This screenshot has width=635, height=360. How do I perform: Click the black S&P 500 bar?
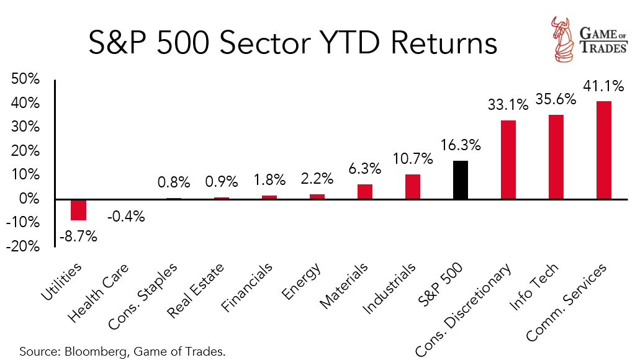tap(461, 180)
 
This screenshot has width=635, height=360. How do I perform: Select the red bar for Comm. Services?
tap(603, 150)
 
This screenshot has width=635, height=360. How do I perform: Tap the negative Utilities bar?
tap(78, 210)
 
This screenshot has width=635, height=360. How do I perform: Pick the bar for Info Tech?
tap(556, 157)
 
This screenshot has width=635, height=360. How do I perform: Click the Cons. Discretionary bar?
tap(508, 160)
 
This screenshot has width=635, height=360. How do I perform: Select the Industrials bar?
tap(413, 187)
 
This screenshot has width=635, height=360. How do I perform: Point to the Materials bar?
tap(365, 192)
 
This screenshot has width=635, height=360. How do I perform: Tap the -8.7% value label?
tap(78, 236)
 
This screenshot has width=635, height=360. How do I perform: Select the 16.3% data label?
tap(461, 147)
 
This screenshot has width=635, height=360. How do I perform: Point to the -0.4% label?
tap(125, 216)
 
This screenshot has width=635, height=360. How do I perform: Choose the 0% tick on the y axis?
tap(30, 199)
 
